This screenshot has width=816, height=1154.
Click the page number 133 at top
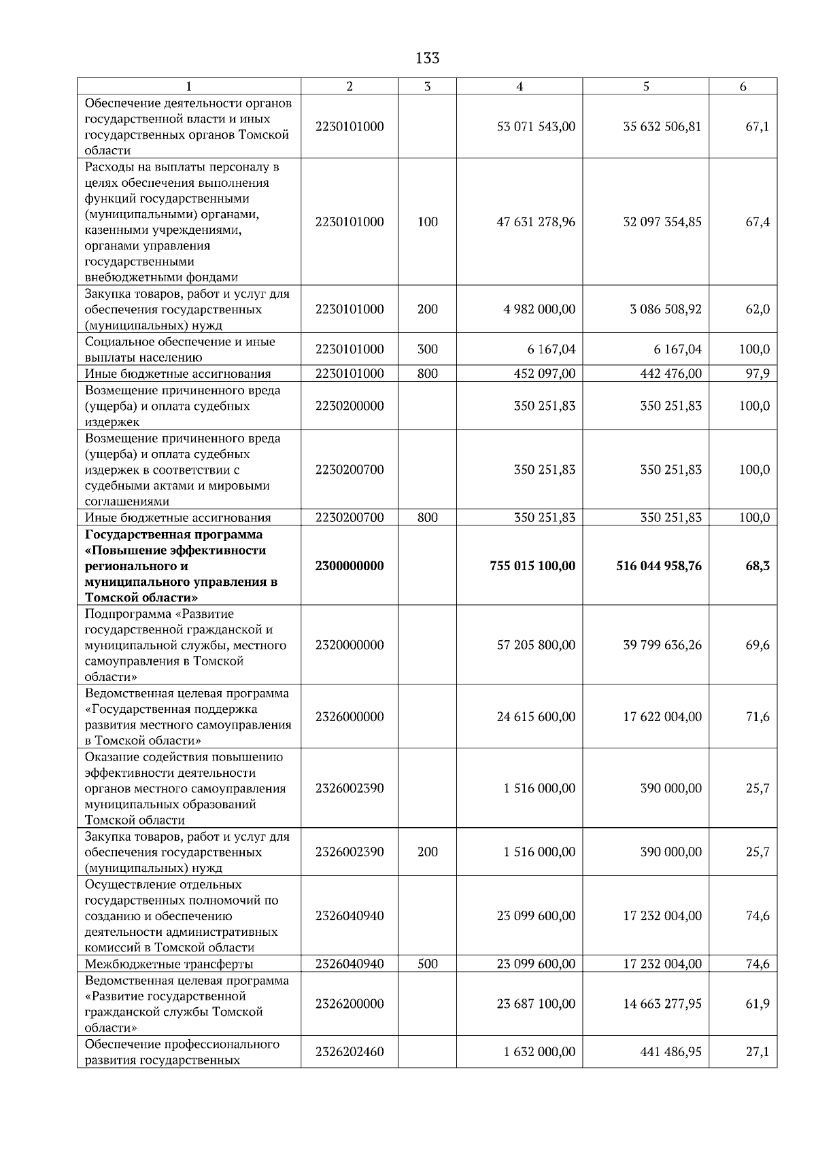(x=427, y=58)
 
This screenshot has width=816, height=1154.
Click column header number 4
(x=520, y=86)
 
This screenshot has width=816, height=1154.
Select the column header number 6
(x=743, y=86)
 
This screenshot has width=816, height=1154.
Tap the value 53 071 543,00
(x=536, y=126)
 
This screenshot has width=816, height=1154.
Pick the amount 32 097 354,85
(x=662, y=222)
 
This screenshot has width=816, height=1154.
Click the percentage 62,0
(x=758, y=309)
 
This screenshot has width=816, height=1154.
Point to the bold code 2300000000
(x=350, y=566)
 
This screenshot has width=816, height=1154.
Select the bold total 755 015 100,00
(x=532, y=566)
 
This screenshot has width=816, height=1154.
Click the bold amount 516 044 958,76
(x=658, y=566)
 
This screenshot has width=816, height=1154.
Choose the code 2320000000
(x=350, y=645)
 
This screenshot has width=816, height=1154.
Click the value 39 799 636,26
(x=662, y=645)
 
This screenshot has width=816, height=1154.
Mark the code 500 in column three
(x=427, y=964)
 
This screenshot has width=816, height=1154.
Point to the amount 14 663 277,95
(x=662, y=1004)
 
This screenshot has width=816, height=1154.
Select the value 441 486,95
(x=670, y=1051)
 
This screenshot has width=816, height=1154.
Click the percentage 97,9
(x=758, y=373)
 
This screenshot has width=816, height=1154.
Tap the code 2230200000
(x=350, y=406)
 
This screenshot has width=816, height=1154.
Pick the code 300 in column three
(x=427, y=349)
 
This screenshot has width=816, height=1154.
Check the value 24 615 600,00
(x=536, y=716)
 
